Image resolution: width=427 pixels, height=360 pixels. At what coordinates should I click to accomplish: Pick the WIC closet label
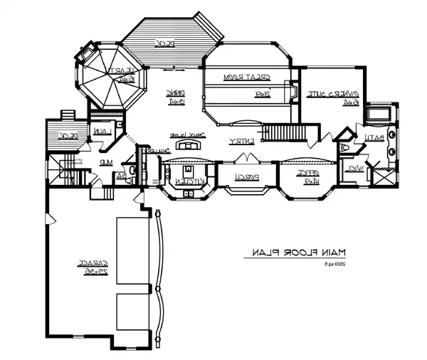pyautogui.click(x=353, y=169)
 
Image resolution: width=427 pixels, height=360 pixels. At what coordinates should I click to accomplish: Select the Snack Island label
pyautogui.click(x=184, y=135)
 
